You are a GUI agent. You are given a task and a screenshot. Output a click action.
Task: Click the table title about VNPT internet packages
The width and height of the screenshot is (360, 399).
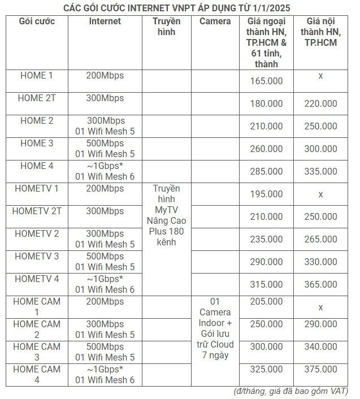coord(180,7)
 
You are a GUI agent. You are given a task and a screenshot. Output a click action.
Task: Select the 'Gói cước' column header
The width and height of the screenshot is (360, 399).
coord(36,21)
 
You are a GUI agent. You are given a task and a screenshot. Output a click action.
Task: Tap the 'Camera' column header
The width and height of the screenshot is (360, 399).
coord(215,21)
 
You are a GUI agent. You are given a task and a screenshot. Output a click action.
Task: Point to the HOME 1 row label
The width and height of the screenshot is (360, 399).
coord(36,75)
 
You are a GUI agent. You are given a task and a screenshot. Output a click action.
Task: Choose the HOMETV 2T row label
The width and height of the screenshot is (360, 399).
coord(36,211)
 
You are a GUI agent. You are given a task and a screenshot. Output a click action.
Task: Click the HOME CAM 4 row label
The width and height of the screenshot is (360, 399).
coord(36,374)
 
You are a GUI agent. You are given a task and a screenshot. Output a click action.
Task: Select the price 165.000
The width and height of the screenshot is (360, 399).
coord(266,81)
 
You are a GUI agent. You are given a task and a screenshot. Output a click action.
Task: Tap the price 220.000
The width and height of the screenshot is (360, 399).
coord(320,104)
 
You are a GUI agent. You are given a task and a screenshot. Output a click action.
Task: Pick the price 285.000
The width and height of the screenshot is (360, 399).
coord(266,172)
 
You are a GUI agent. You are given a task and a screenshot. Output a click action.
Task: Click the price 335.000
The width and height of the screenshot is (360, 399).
coord(320,172)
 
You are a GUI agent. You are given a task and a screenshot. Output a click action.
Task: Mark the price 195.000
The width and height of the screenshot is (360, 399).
coord(266,194)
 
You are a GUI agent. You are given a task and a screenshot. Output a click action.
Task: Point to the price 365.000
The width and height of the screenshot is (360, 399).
coord(320,285)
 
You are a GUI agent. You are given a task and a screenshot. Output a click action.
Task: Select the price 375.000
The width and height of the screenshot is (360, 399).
coord(320,370)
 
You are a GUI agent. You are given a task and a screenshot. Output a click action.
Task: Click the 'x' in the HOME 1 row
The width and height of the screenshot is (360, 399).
coord(320,76)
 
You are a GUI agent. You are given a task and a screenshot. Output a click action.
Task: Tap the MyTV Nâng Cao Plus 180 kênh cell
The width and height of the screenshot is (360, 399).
coord(167,215)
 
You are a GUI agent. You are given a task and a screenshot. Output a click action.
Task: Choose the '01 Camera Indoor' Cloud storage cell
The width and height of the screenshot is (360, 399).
coord(215,328)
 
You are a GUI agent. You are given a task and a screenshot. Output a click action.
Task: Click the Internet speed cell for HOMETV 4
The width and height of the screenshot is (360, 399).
coord(105,284)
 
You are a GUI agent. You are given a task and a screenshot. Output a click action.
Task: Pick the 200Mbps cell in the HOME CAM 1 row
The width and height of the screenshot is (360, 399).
coord(105,301)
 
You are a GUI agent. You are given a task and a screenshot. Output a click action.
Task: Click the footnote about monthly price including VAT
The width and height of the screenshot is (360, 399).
coord(290,392)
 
